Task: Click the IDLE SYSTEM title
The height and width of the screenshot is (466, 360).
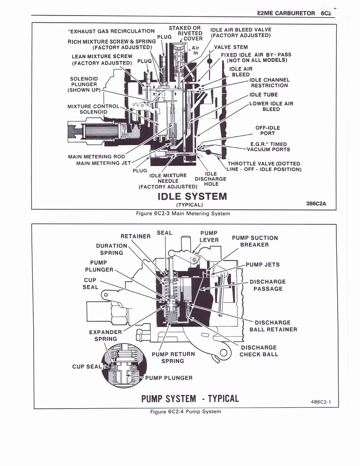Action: coord(192,197)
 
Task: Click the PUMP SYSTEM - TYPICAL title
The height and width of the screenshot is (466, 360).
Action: coord(190,399)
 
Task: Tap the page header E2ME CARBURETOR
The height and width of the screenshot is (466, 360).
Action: coord(285,13)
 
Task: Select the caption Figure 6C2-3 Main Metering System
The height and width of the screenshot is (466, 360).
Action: coord(183,213)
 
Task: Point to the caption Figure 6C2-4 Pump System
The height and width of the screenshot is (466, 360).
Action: coord(185,411)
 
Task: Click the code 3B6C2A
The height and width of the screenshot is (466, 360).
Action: coord(316,204)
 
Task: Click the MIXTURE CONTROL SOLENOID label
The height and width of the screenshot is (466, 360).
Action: coord(93,109)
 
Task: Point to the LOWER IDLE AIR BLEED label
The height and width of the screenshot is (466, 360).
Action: coord(271,106)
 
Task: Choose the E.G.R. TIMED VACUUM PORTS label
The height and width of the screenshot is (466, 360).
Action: coord(269,147)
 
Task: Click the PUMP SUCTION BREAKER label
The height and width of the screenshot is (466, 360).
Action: coord(255,241)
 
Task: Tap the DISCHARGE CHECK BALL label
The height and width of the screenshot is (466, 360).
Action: coord(259,351)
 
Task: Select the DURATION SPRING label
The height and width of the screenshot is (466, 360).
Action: coord(112,249)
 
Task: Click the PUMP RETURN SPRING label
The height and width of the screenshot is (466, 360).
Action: coord(173,357)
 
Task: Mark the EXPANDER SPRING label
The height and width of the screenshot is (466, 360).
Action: coord(106,335)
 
